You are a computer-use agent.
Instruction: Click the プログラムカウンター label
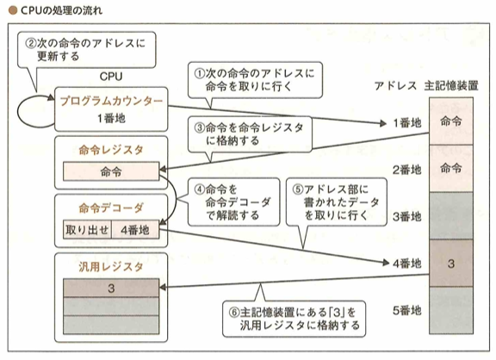pyautogui.click(x=111, y=101)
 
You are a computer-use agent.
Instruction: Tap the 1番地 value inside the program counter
pyautogui.click(x=111, y=118)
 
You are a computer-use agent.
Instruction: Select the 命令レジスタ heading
pyautogui.click(x=111, y=150)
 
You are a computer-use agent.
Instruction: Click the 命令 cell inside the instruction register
pyautogui.click(x=111, y=171)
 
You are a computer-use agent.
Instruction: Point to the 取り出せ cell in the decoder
pyautogui.click(x=87, y=230)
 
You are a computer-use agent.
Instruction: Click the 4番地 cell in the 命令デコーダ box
pyautogui.click(x=135, y=230)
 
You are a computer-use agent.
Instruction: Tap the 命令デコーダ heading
pyautogui.click(x=111, y=208)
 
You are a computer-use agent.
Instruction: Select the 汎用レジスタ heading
pyautogui.click(x=111, y=267)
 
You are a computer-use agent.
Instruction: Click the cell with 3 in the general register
pyautogui.click(x=111, y=289)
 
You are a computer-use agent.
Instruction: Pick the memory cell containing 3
pyautogui.click(x=451, y=264)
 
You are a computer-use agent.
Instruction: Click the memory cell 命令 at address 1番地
pyautogui.click(x=451, y=121)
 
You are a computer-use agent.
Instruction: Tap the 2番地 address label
pyautogui.click(x=406, y=170)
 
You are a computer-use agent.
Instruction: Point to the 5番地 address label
pyautogui.click(x=406, y=310)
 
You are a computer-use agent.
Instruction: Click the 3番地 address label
pyautogui.click(x=406, y=217)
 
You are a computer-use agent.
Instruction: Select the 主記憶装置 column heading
pyautogui.click(x=451, y=85)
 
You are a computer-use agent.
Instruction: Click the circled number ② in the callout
pyautogui.click(x=31, y=43)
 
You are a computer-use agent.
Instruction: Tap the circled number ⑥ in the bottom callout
pyautogui.click(x=234, y=313)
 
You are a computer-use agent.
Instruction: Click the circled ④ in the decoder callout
pyautogui.click(x=200, y=189)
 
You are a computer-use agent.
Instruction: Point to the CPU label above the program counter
pyautogui.click(x=111, y=77)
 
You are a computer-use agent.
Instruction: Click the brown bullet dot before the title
pyautogui.click(x=13, y=10)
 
